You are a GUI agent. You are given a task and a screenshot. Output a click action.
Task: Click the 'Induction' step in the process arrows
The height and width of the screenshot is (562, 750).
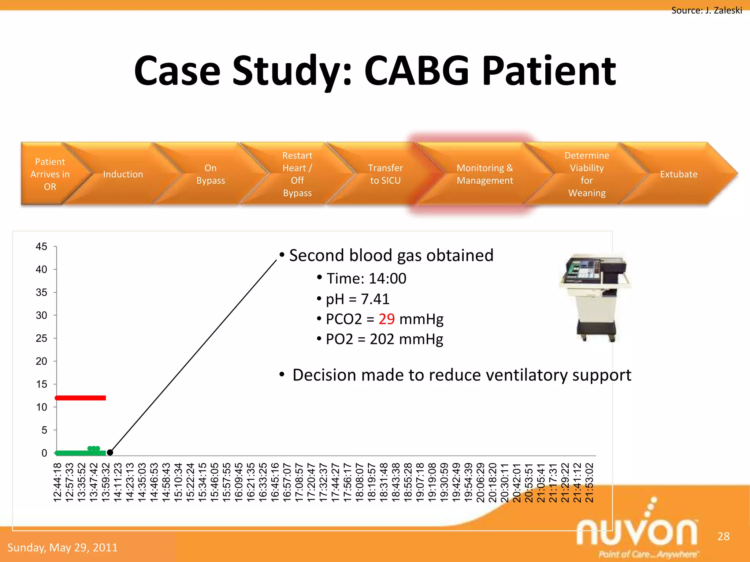click(123, 174)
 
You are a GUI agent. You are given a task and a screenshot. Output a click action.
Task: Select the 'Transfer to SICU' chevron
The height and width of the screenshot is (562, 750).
click(385, 174)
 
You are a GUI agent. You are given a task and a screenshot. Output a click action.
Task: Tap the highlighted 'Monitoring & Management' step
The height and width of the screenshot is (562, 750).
click(484, 174)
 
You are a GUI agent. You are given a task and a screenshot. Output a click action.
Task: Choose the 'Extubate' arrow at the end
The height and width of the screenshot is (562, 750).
click(679, 174)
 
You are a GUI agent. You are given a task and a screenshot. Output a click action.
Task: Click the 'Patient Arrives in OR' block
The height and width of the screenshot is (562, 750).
click(50, 174)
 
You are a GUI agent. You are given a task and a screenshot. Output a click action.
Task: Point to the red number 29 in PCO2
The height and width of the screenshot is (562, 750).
click(386, 319)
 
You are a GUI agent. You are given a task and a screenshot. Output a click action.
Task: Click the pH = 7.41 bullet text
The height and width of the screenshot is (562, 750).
click(357, 299)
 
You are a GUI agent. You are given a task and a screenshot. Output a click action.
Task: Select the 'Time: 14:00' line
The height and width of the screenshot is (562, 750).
click(366, 278)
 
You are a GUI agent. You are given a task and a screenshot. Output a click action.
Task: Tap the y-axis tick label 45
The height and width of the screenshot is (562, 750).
click(41, 247)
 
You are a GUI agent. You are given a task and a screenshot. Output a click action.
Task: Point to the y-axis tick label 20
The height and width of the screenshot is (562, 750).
click(41, 361)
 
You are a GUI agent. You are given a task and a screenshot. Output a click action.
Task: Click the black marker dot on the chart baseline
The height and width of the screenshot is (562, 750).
click(110, 453)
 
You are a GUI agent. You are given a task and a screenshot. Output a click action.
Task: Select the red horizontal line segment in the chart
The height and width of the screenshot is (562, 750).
click(81, 398)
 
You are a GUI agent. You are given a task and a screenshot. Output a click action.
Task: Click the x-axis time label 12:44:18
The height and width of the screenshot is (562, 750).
click(57, 482)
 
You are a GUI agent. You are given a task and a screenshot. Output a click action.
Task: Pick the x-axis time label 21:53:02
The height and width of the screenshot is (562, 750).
click(589, 482)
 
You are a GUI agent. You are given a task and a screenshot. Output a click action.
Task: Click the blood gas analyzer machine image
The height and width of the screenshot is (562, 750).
click(595, 296)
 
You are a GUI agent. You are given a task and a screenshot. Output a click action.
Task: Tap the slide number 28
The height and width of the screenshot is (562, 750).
click(723, 536)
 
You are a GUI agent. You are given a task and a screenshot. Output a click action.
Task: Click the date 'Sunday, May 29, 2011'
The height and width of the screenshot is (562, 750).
click(63, 547)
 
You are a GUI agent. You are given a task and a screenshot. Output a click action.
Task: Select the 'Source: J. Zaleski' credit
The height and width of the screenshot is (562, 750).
click(706, 10)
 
